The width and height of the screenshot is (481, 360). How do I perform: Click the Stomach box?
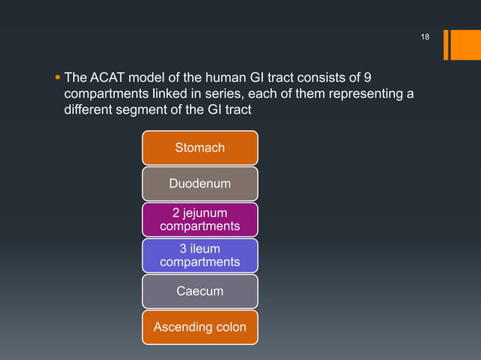click(200, 148)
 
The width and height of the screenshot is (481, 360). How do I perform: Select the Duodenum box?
click(200, 183)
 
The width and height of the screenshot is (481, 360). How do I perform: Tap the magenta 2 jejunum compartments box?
click(200, 219)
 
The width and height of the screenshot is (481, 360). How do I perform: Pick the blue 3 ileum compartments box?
click(200, 255)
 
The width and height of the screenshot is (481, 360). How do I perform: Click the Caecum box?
click(200, 291)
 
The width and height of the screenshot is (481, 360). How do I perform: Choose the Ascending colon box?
click(200, 327)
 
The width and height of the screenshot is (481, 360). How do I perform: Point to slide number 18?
click(424, 38)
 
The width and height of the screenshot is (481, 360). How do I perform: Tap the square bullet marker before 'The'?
click(58, 78)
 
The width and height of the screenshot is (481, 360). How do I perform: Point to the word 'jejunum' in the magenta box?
click(206, 212)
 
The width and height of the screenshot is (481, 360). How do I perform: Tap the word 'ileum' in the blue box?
click(206, 248)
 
